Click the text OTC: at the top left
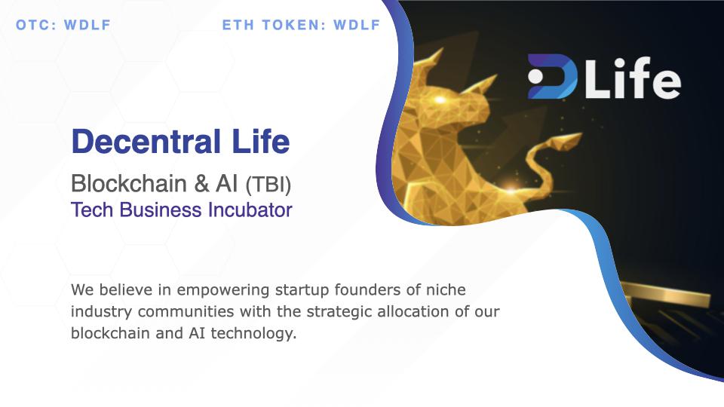[x=35, y=25]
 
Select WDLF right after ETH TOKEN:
[x=357, y=25]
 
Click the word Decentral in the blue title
[x=146, y=141]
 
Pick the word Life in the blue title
[x=261, y=141]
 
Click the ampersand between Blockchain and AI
[x=201, y=184]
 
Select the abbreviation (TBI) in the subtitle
[x=268, y=185]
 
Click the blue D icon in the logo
[x=553, y=77]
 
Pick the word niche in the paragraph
[x=446, y=289]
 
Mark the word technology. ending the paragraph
[x=253, y=334]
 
